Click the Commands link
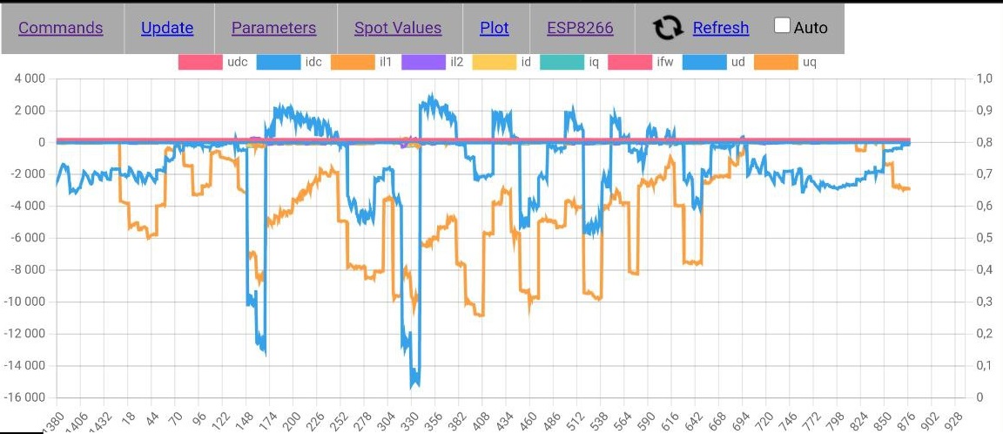tap(61, 28)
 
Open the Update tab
tap(167, 28)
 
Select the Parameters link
tap(273, 28)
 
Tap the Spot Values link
tap(398, 28)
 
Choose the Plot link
tap(495, 28)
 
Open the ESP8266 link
tap(580, 28)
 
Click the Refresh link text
tap(721, 28)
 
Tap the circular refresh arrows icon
tap(668, 28)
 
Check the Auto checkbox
tap(782, 26)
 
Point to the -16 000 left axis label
tap(25, 397)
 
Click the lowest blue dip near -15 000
tap(414, 383)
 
